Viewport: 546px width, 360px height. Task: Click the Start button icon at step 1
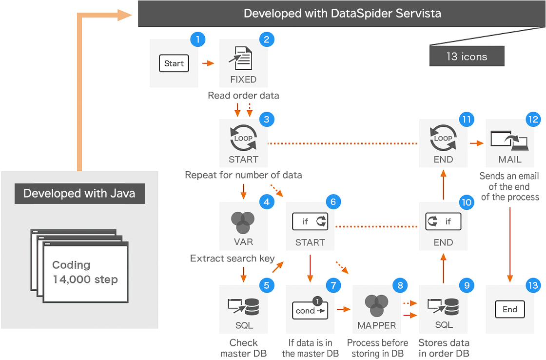[174, 63]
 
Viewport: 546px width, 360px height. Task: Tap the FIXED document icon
[243, 59]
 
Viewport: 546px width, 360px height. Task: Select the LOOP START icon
[243, 139]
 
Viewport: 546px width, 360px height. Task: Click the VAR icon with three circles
[243, 222]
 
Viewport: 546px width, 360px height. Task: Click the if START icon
[310, 222]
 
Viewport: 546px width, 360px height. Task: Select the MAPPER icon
[376, 305]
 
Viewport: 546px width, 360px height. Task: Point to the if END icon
[443, 222]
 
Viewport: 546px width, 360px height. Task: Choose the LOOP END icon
[443, 139]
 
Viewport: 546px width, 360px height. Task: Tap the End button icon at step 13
[510, 309]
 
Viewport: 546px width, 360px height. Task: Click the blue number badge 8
[400, 285]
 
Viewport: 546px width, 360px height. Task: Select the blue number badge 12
[533, 119]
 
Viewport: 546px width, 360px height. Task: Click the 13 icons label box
[467, 57]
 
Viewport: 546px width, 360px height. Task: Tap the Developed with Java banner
[79, 193]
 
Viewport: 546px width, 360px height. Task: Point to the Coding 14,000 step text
[85, 272]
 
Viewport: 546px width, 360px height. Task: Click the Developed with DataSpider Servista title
[342, 13]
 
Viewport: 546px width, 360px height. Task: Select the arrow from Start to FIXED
[208, 63]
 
